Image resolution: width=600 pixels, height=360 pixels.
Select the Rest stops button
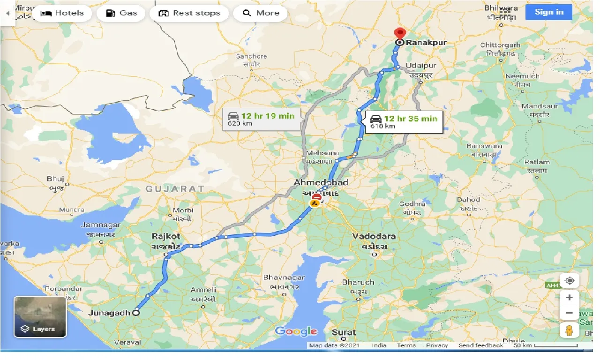(189, 13)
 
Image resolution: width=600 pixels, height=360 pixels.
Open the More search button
(261, 13)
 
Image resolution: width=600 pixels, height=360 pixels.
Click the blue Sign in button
(548, 12)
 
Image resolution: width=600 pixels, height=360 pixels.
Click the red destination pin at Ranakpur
(399, 34)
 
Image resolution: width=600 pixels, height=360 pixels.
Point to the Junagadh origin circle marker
(136, 313)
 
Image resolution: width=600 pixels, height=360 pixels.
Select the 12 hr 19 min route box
(261, 119)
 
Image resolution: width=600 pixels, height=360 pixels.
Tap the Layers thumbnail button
(40, 317)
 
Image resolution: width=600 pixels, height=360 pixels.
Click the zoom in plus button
(570, 297)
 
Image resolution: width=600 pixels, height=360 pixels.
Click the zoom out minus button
(570, 313)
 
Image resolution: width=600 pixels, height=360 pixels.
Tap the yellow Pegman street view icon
(570, 330)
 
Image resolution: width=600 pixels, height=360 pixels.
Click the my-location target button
(570, 281)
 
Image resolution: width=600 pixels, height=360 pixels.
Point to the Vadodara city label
(374, 236)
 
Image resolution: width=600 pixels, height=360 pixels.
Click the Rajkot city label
(166, 236)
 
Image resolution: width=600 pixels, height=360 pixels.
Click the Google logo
(296, 331)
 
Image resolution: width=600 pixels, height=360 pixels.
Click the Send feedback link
(480, 345)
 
